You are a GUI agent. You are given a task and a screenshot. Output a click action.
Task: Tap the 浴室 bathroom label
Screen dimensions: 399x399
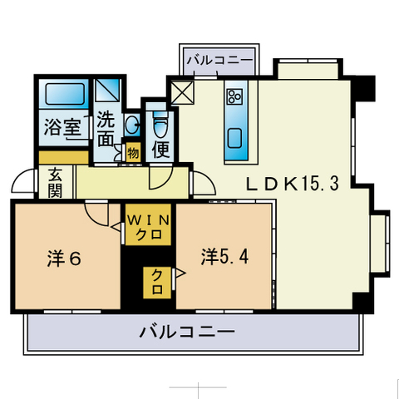tap(62, 128)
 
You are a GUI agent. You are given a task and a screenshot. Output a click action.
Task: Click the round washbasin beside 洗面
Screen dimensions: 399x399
tap(131, 125)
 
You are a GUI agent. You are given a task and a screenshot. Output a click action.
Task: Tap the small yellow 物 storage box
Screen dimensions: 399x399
tap(133, 153)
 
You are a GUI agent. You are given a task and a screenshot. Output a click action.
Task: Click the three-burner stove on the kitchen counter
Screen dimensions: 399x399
tap(234, 97)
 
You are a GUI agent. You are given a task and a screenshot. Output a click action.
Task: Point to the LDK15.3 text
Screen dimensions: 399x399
tap(289, 185)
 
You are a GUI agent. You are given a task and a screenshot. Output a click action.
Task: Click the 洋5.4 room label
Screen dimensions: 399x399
tap(224, 256)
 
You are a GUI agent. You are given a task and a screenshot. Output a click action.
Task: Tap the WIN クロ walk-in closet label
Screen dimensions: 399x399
tap(149, 227)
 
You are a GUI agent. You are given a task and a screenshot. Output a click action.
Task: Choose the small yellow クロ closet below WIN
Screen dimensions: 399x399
tap(155, 283)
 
